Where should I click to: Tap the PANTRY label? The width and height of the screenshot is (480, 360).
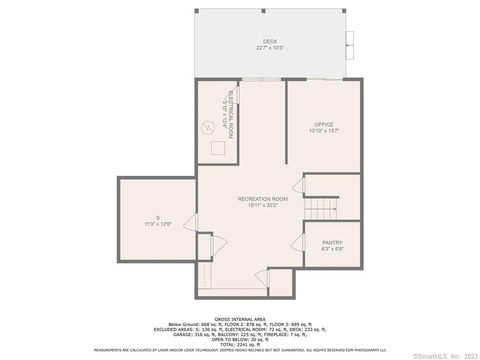click(331, 242)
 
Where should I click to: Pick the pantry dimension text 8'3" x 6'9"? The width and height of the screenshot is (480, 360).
click(331, 249)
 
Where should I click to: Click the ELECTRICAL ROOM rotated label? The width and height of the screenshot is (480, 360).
click(231, 113)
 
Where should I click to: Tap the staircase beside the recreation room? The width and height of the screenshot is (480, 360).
click(321, 209)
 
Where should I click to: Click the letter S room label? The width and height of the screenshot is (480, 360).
click(157, 217)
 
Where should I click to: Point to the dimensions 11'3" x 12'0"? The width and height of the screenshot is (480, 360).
click(157, 224)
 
